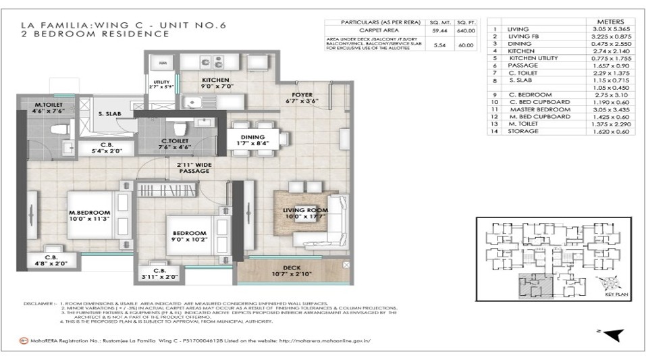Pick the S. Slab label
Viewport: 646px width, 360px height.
pos(109,114)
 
